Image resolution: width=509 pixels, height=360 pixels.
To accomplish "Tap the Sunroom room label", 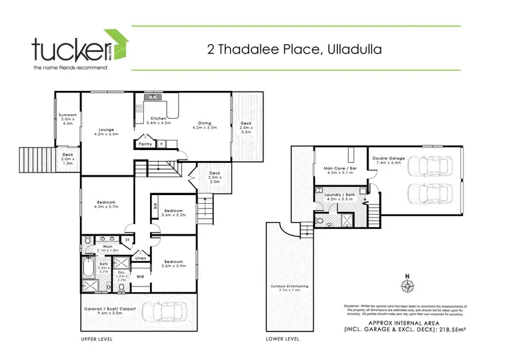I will click(67, 119).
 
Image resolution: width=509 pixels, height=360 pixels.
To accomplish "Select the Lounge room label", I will click(105, 132).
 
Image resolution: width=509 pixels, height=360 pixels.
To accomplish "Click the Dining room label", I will click(204, 126).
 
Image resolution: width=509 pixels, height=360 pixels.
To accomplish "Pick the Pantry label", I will click(144, 144).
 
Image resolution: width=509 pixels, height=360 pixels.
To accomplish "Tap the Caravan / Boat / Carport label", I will click(104, 312).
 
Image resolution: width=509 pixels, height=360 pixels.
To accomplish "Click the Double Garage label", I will click(387, 161).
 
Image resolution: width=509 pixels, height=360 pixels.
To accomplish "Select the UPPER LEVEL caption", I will click(96, 338).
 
